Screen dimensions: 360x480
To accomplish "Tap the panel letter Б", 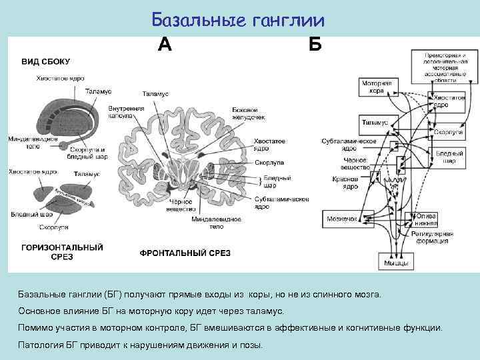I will [x=315, y=44].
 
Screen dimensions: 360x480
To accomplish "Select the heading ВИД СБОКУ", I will [x=46, y=61].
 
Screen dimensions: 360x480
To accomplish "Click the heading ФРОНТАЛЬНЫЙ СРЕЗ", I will [x=185, y=253].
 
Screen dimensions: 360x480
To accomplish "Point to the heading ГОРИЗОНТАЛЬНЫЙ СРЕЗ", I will [x=63, y=252].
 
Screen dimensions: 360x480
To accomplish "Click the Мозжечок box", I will [x=341, y=219].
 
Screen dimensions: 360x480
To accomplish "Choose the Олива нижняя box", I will [x=427, y=219].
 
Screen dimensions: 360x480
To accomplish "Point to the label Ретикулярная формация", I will [x=436, y=238].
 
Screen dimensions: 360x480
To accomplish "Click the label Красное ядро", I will [x=345, y=183].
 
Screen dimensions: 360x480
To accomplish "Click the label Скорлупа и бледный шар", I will [x=87, y=154].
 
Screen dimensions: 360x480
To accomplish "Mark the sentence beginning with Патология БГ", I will [x=140, y=345].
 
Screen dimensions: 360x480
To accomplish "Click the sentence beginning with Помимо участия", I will [x=229, y=328].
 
